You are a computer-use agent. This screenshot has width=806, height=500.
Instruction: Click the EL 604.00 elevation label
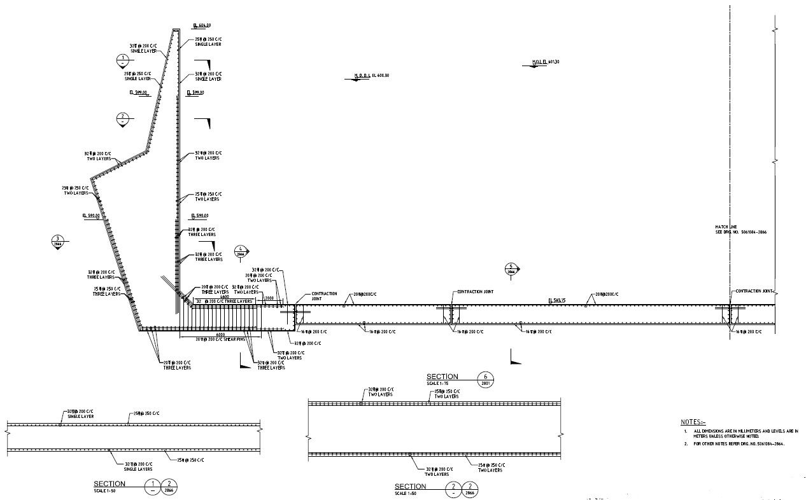pos(202,25)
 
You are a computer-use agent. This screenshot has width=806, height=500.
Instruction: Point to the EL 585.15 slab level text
pos(558,300)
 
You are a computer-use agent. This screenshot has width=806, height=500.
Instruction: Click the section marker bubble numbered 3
pos(58,241)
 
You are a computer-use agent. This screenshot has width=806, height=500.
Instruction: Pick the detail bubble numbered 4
pos(241,251)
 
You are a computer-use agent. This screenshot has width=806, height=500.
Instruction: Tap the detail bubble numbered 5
pos(511,269)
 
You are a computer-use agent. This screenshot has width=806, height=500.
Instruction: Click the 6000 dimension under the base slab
pos(221,335)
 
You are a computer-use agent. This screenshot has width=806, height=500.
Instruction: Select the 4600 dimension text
pos(225,296)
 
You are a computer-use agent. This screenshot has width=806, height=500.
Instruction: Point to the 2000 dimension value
pos(270,297)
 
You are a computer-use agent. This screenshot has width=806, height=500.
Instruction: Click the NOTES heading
pos(693,422)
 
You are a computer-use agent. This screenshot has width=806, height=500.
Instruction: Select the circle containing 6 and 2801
pos(486,379)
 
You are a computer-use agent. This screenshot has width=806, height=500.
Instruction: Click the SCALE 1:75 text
pos(438,384)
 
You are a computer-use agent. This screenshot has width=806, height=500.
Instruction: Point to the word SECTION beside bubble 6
pos(442,377)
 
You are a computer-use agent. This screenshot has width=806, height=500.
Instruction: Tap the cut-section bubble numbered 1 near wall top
pos(122,61)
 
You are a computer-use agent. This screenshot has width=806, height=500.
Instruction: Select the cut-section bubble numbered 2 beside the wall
pos(123,118)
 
